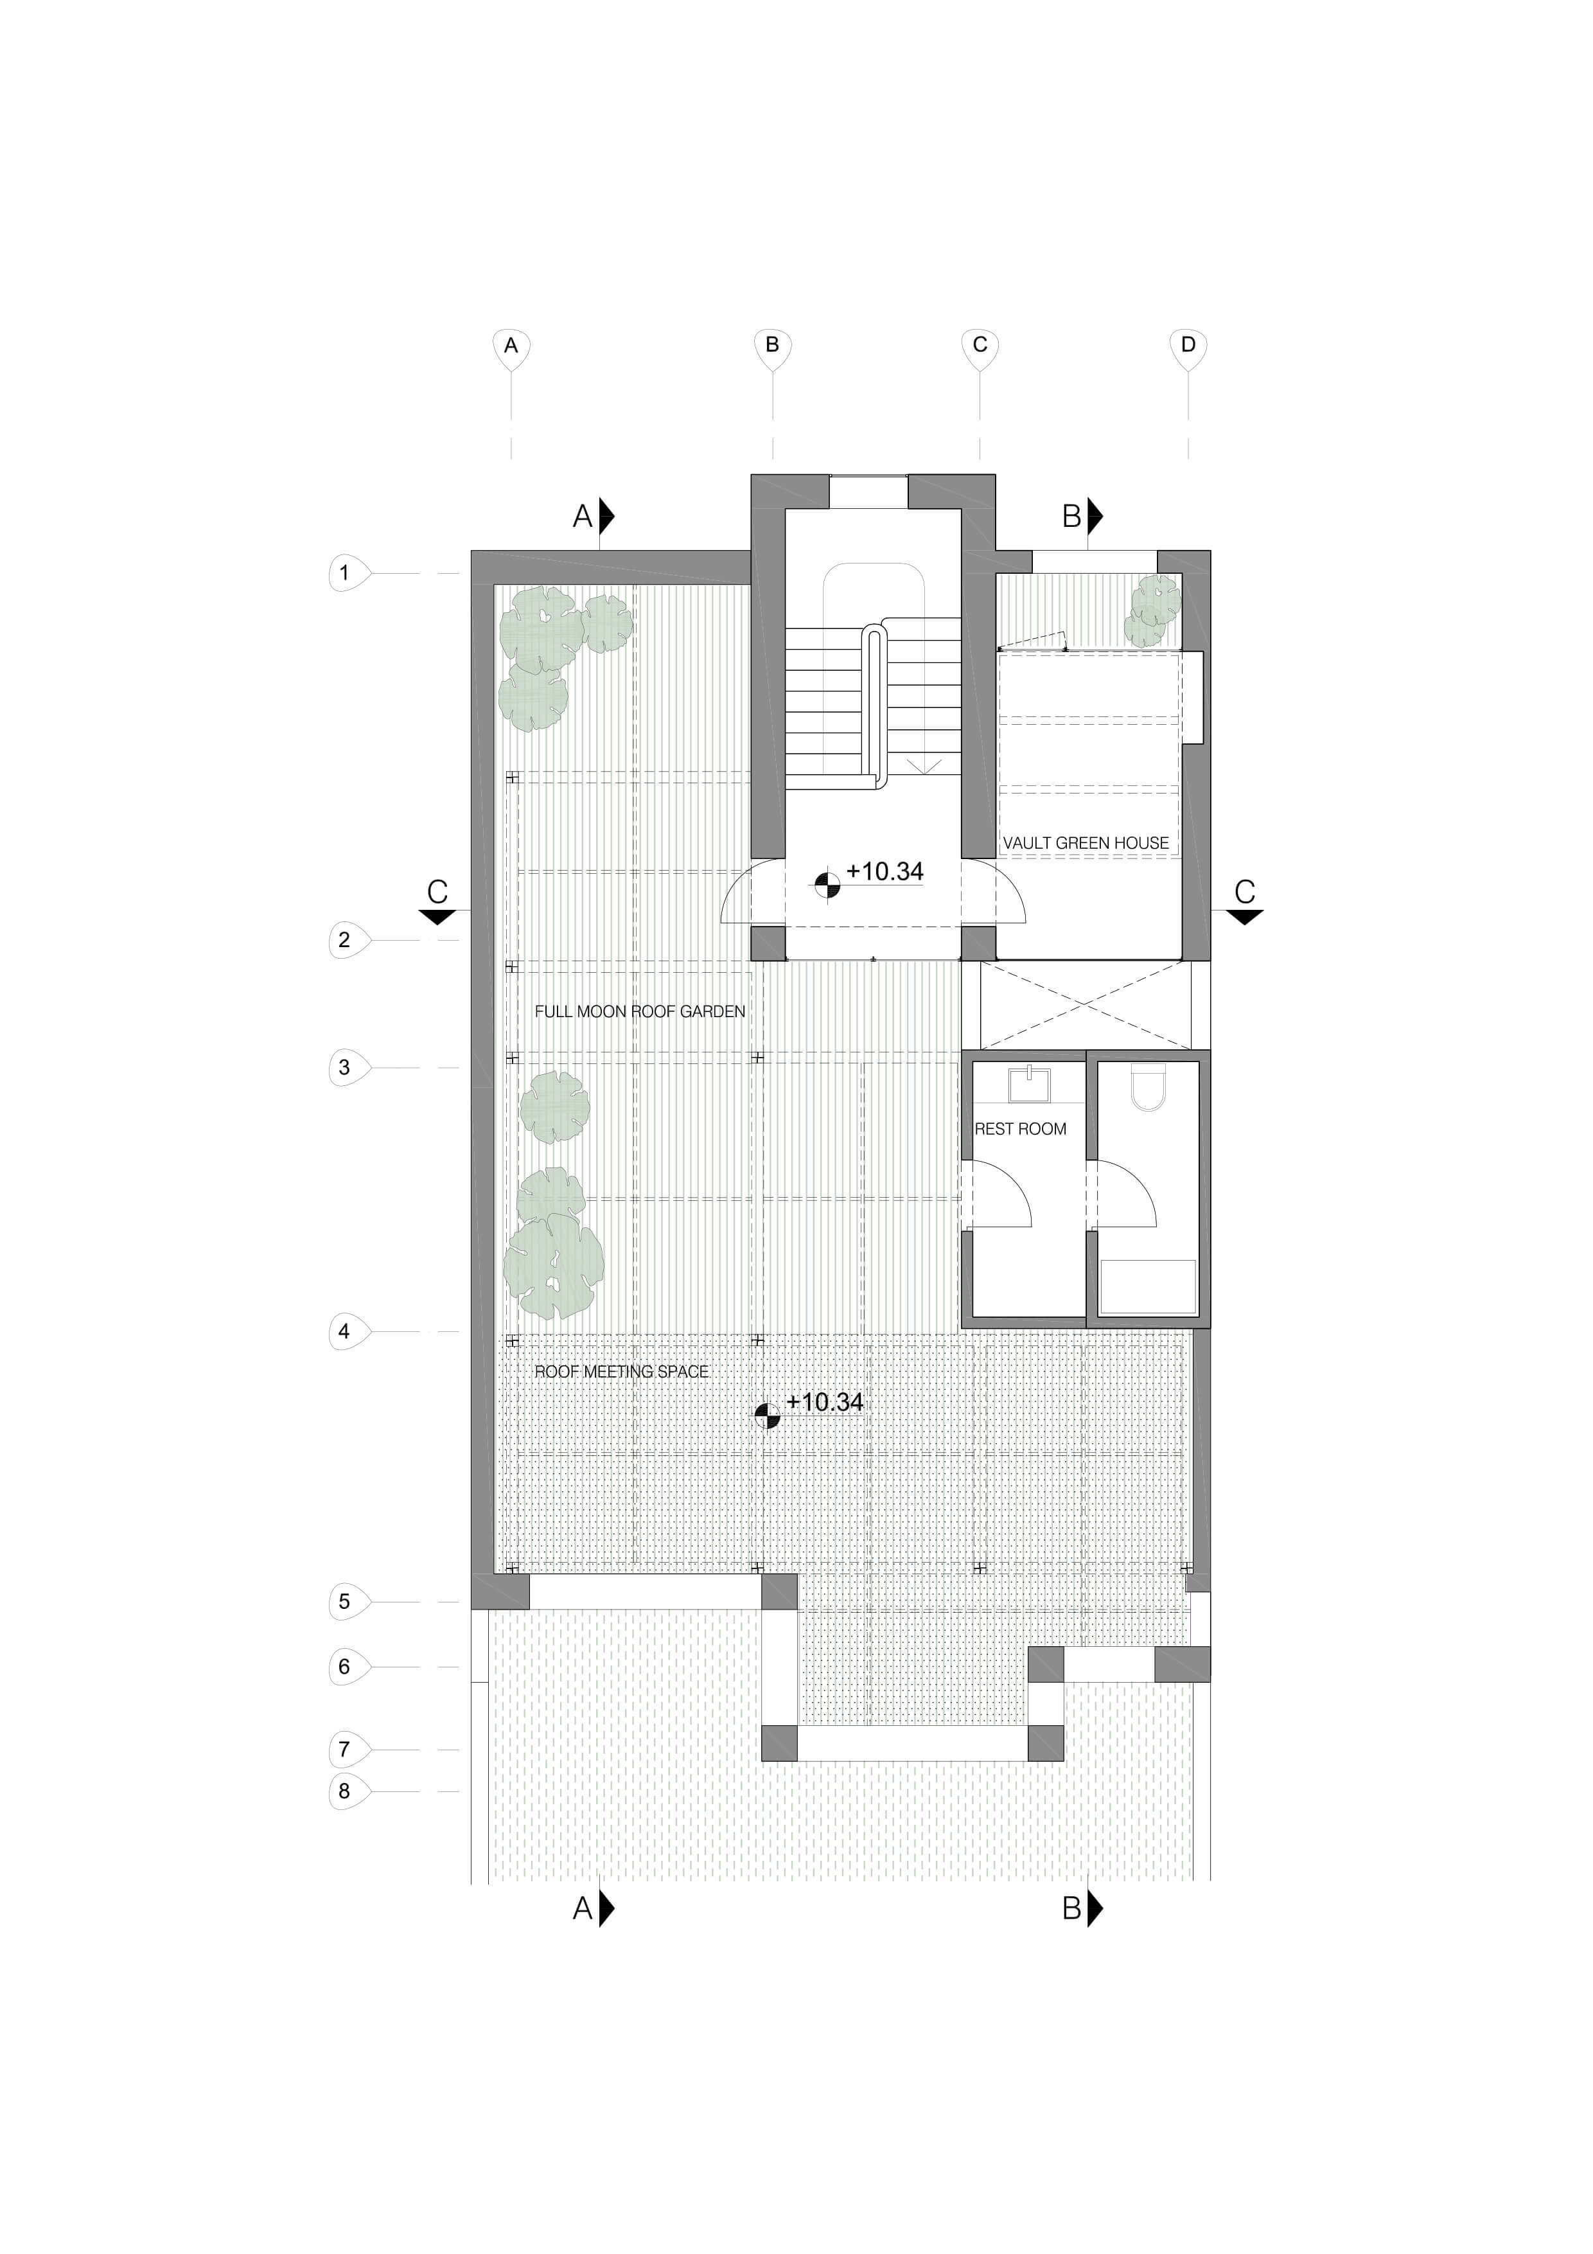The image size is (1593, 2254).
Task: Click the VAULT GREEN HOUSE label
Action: [1086, 842]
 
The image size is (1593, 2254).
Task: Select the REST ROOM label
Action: [1020, 1129]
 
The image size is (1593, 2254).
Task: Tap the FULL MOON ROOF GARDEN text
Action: [640, 1011]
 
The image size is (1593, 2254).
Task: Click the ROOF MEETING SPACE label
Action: [621, 1371]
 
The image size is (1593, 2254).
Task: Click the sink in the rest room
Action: [1030, 1084]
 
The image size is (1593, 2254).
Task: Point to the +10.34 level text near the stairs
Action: [885, 872]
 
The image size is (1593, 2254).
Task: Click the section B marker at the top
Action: [1082, 515]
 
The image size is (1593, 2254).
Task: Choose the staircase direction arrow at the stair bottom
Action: [924, 766]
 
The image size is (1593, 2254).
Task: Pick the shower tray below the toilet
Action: [1147, 1286]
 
